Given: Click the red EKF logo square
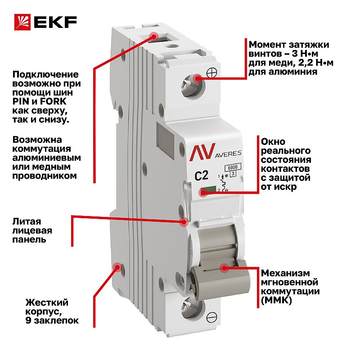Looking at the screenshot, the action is pos(22,22).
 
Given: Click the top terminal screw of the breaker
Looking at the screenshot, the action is pos(192,86).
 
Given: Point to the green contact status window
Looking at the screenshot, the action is pos(208,189).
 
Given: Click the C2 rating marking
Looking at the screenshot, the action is pos(201,176).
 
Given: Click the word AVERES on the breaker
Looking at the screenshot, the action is pos(228,154).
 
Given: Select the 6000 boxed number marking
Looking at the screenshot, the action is pos(233,167).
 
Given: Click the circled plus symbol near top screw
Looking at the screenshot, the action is pos(211,73).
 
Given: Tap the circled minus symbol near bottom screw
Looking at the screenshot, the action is pos(211,317).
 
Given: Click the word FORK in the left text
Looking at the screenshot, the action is pos(53,101).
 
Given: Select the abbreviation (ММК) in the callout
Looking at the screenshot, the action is pos(276,300).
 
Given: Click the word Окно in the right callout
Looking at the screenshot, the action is pos(273,141).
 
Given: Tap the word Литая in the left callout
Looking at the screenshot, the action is pos(27,221).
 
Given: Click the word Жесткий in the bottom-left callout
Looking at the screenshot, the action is pos(47,302).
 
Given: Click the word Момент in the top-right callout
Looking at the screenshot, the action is pos(267,44).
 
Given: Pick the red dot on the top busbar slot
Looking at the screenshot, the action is pos(153,36).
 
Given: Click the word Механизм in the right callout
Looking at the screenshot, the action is pos(285,273).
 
